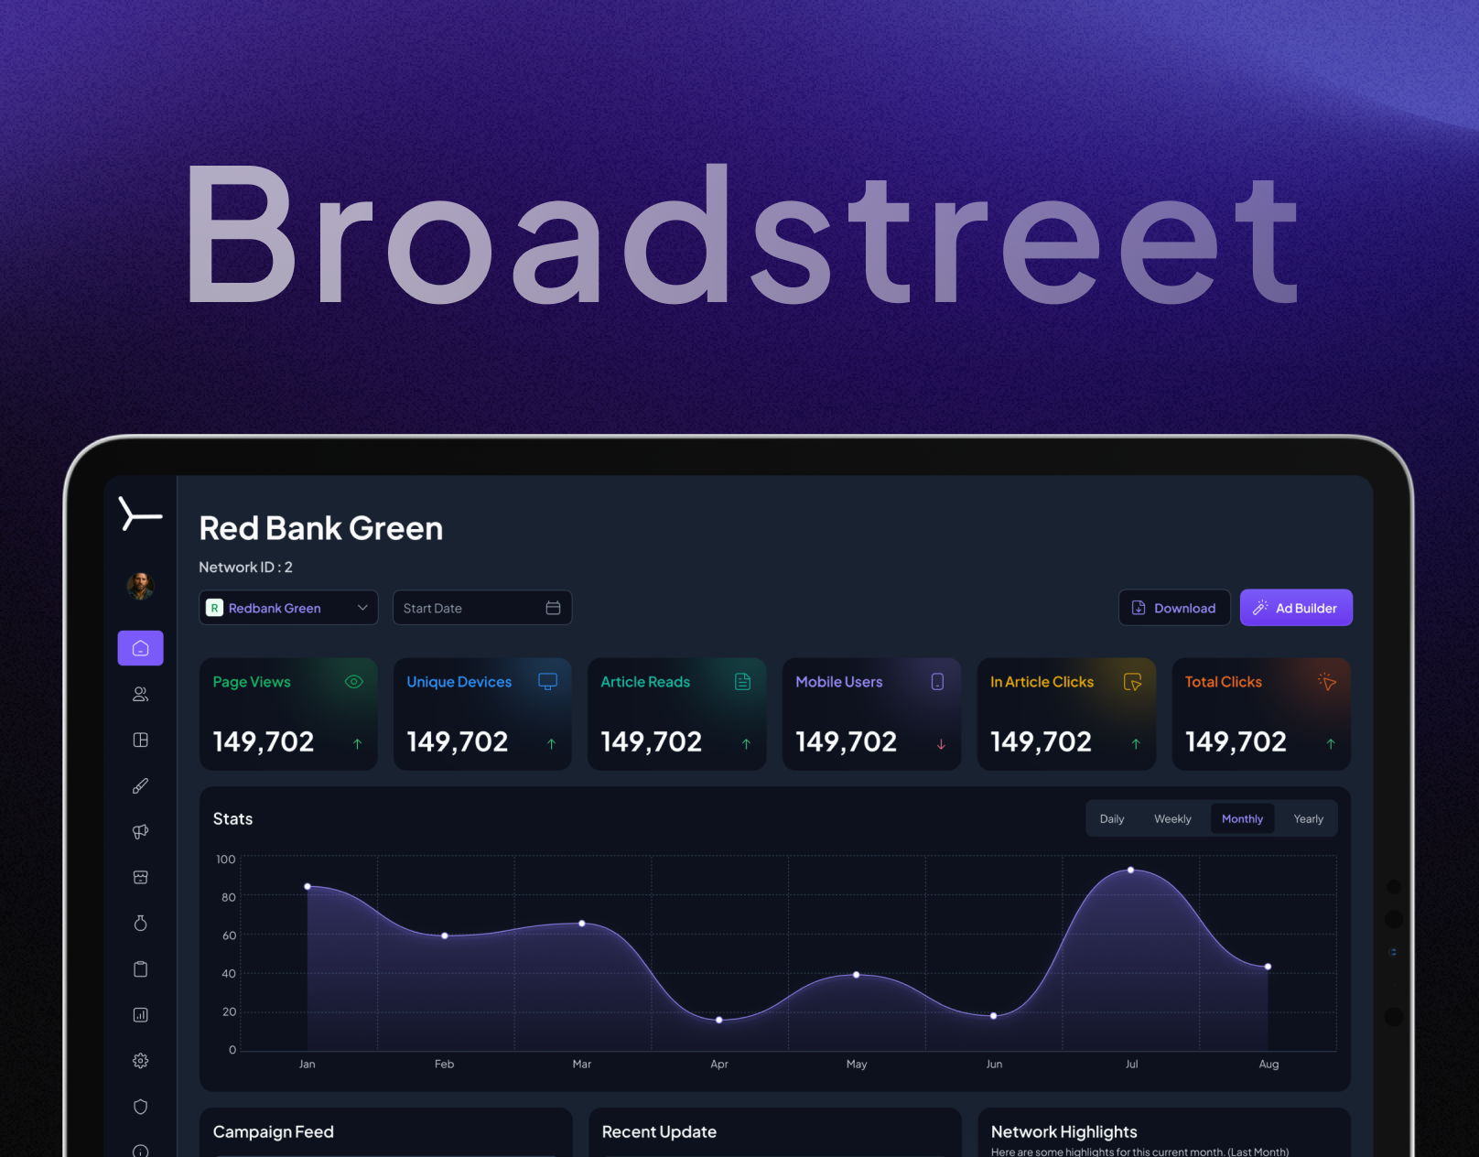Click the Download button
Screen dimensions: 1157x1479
point(1174,608)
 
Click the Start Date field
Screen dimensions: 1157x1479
point(481,608)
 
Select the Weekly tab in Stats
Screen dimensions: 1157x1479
point(1172,819)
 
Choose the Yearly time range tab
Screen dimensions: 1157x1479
point(1308,819)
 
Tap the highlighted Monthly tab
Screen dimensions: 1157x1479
point(1242,819)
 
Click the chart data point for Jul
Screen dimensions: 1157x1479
point(1131,870)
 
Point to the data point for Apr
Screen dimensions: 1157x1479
point(719,1020)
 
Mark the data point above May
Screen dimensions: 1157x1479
point(857,975)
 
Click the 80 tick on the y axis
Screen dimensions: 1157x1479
point(228,898)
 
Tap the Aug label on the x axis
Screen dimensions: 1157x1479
point(1268,1064)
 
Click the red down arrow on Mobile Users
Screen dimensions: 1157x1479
point(941,744)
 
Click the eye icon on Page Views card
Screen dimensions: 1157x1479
point(354,682)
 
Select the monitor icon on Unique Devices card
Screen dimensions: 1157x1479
point(547,682)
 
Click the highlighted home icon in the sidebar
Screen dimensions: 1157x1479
point(140,648)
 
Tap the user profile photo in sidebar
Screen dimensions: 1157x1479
point(140,586)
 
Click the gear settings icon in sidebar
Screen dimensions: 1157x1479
point(140,1061)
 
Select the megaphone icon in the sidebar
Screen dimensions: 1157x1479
point(140,832)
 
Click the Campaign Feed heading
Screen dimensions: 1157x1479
point(274,1132)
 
